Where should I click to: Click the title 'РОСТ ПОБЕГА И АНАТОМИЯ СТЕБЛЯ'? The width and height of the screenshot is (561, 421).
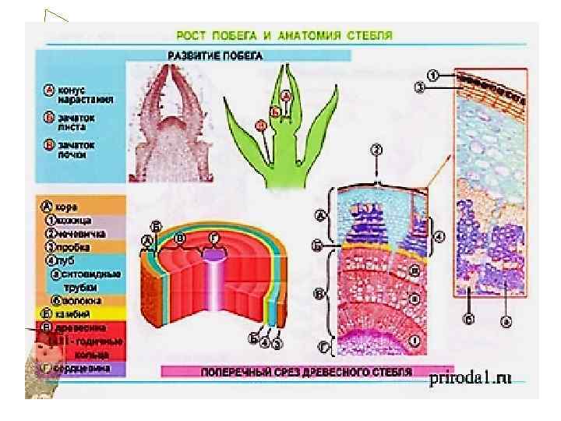(282, 35)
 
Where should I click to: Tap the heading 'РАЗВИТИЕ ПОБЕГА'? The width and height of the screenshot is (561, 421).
(216, 55)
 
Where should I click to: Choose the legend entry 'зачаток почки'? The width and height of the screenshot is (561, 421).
(75, 149)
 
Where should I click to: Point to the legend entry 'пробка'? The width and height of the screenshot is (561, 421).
(72, 246)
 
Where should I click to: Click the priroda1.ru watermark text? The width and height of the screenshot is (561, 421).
(471, 378)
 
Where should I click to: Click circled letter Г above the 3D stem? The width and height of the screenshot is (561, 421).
(213, 237)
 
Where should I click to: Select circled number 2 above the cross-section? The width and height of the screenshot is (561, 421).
(376, 149)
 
